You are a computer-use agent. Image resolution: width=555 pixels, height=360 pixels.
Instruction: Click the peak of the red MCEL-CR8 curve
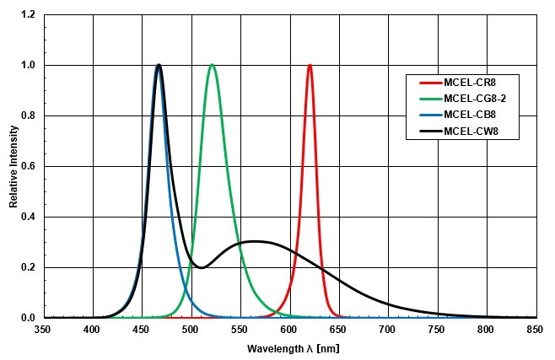pyautogui.click(x=310, y=66)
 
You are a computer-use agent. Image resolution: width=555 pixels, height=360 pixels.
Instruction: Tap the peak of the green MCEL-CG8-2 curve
pyautogui.click(x=212, y=66)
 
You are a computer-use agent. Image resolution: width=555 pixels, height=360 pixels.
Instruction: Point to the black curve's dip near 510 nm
pyautogui.click(x=200, y=267)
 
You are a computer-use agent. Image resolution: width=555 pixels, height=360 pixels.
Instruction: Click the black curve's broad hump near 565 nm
pyautogui.click(x=254, y=242)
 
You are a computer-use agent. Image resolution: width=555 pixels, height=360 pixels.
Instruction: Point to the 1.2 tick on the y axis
pyautogui.click(x=29, y=15)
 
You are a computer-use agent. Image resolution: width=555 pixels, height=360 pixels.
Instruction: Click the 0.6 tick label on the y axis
pyautogui.click(x=29, y=167)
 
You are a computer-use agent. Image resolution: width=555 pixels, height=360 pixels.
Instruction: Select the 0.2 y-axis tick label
pyautogui.click(x=29, y=268)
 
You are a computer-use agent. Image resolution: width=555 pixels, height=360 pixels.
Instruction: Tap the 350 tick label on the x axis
pyautogui.click(x=43, y=330)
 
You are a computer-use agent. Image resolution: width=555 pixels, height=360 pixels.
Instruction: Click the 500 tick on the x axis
pyautogui.click(x=191, y=330)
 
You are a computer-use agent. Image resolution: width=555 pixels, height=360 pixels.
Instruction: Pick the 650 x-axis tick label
pyautogui.click(x=339, y=330)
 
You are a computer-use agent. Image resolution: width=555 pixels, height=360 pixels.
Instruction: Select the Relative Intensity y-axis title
pyautogui.click(x=13, y=166)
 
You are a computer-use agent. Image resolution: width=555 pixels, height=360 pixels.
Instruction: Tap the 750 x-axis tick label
pyautogui.click(x=438, y=330)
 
